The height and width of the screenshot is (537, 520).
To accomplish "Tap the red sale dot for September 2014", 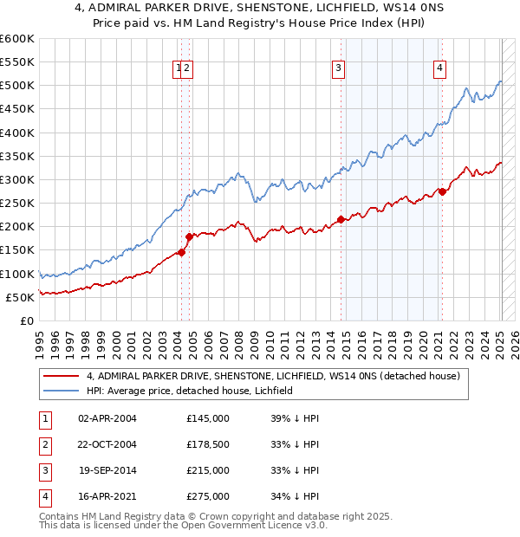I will (x=341, y=219).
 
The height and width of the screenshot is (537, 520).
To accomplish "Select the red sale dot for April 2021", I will (x=442, y=191).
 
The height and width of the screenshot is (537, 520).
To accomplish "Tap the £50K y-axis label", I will (x=21, y=297).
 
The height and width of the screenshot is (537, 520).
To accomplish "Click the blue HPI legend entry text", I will (x=190, y=391).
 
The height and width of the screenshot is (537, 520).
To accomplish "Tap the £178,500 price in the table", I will (x=207, y=444).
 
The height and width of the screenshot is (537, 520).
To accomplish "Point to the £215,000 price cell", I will (x=207, y=470).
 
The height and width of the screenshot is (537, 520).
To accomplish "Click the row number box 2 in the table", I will (x=42, y=444).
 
